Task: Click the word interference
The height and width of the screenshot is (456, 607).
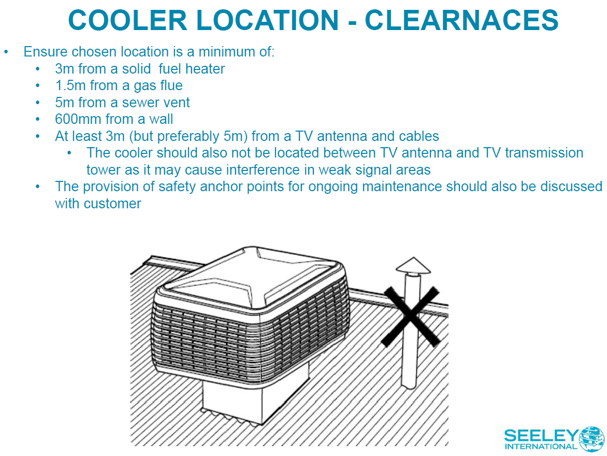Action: [259, 170]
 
